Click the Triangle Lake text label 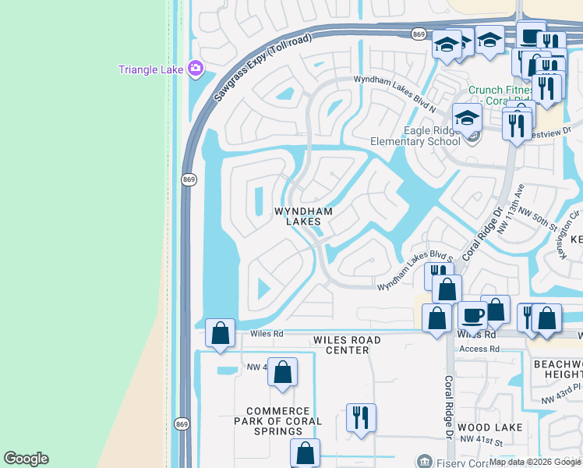pos(150,69)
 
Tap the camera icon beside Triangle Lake pos(195,69)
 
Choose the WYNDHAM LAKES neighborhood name pos(303,217)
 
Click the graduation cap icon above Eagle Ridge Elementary pos(467,118)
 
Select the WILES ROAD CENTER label pos(347,346)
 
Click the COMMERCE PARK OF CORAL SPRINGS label pos(283,421)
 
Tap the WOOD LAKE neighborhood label pos(490,427)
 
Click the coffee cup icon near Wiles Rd pos(472,315)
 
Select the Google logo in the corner pos(26,459)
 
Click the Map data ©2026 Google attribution pos(535,462)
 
